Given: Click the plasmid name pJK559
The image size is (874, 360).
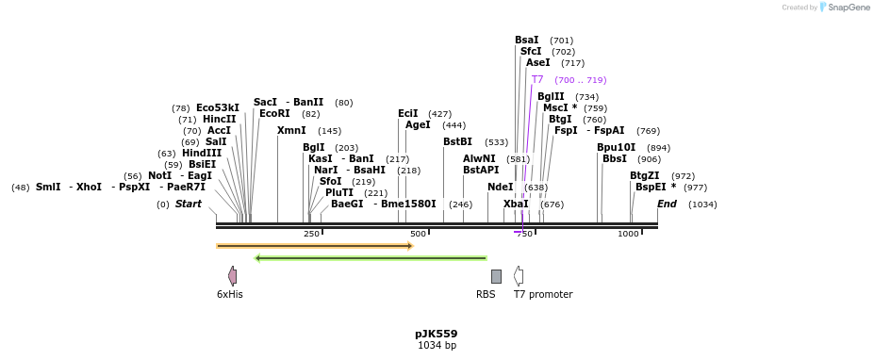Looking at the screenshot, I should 436,334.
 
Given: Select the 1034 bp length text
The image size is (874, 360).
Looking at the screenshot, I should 437,346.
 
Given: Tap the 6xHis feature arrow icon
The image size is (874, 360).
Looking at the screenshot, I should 232,276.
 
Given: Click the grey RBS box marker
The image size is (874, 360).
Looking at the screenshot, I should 496,276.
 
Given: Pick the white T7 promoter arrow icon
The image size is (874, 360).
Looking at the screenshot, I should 519,276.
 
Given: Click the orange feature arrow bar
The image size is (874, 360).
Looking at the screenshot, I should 315,246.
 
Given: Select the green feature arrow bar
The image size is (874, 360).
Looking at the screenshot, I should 371,257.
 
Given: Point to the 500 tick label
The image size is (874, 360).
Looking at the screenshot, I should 418,234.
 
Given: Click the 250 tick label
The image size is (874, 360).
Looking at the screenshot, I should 311,234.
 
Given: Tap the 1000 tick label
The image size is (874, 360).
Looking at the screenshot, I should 628,234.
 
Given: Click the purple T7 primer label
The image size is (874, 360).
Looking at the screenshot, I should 537,80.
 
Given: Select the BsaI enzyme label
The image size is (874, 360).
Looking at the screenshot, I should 527,41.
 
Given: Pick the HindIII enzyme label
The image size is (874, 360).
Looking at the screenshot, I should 202,154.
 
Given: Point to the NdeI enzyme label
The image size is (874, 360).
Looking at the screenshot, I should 500,188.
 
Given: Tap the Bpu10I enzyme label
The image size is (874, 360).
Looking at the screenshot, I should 616,148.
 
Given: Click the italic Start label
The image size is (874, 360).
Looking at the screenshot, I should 189,205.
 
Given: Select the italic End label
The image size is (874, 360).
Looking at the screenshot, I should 667,205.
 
